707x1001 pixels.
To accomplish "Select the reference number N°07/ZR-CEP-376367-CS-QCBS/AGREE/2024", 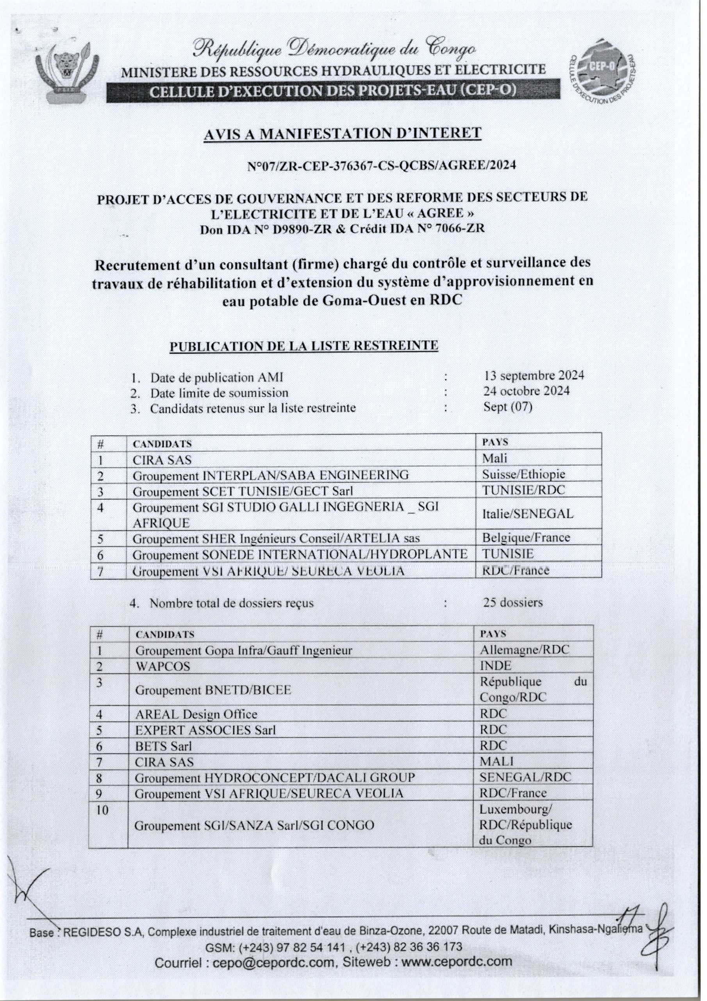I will (x=381, y=166).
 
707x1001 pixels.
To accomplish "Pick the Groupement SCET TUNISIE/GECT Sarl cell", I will (x=243, y=492).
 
